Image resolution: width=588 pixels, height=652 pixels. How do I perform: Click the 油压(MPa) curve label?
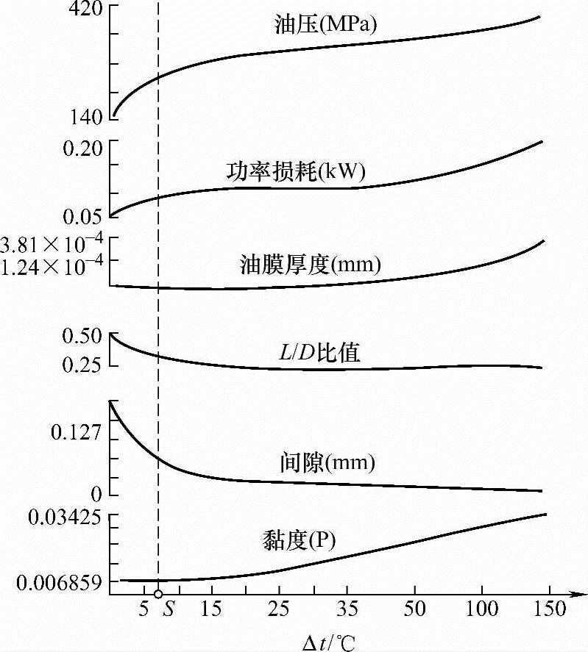[324, 26]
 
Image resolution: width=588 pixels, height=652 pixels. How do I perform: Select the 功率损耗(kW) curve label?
[297, 172]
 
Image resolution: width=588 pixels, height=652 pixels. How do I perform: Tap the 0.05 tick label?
[79, 216]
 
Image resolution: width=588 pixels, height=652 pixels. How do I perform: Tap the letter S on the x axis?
[169, 610]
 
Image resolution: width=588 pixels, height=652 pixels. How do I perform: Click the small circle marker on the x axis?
[158, 593]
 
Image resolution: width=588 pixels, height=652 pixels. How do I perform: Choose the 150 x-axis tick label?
[545, 610]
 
